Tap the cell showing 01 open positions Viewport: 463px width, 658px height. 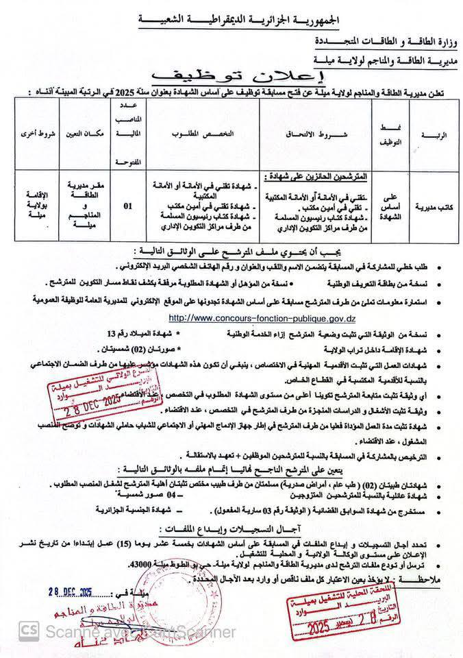(x=127, y=204)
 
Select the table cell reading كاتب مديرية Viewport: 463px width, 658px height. (x=432, y=204)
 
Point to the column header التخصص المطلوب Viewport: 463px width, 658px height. (x=203, y=134)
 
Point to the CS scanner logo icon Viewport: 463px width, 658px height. (x=29, y=629)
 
